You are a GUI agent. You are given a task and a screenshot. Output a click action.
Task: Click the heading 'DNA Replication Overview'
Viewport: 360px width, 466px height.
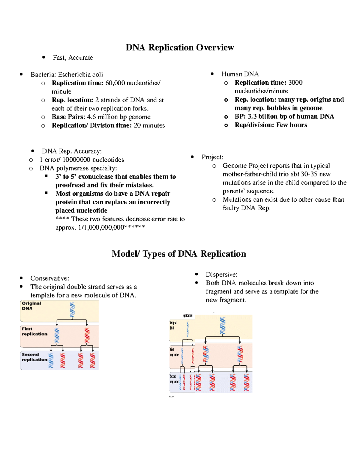[x=179, y=47]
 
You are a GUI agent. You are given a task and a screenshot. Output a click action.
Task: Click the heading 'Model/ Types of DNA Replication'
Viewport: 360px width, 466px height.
[x=179, y=254]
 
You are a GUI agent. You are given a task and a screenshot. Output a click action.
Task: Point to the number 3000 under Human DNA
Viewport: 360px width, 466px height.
[x=295, y=83]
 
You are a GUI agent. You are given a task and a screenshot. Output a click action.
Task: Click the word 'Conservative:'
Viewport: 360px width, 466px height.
[x=49, y=278]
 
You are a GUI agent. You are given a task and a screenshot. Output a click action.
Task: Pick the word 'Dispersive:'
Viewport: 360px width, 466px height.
[x=221, y=274]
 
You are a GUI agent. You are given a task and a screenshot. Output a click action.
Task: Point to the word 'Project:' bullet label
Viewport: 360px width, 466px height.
[x=212, y=157]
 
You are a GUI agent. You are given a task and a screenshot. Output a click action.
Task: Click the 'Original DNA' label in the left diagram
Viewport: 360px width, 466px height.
[x=31, y=306]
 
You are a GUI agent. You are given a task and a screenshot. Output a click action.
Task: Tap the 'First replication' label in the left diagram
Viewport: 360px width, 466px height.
[x=34, y=331]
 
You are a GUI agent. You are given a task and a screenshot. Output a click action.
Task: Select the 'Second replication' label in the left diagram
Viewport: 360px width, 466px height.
[x=34, y=357]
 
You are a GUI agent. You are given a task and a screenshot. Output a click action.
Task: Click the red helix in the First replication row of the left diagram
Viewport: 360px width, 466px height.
[x=87, y=335]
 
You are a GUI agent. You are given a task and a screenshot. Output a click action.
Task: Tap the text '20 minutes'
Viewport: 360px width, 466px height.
[x=149, y=125]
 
